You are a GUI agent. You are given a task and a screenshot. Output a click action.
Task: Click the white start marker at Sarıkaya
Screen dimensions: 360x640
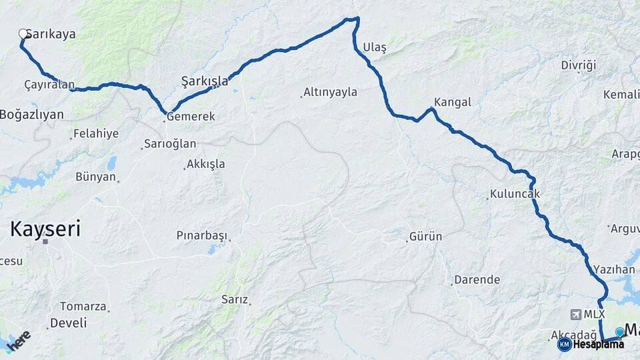[x=23, y=33]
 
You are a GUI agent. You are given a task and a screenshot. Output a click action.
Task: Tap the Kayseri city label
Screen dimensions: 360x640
[x=45, y=230]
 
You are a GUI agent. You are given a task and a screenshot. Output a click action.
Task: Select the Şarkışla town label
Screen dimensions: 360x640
[x=205, y=81]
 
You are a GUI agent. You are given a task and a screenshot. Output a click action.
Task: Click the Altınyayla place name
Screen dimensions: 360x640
[x=330, y=93]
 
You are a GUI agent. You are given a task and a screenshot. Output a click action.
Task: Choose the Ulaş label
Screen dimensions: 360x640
[x=375, y=47]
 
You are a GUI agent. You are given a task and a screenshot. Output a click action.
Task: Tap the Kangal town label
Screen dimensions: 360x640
[x=452, y=102]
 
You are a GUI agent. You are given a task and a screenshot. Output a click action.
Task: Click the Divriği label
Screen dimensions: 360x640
[x=578, y=65]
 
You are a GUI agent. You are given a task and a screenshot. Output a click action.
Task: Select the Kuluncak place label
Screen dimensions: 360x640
[x=514, y=194]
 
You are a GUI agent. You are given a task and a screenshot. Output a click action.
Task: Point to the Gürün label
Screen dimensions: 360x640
[x=425, y=237]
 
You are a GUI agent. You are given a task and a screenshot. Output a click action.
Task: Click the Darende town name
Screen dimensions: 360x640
[x=477, y=280]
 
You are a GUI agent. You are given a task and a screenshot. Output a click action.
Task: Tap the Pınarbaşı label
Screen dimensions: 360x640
[x=202, y=235]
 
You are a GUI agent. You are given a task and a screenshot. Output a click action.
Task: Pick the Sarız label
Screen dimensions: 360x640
[x=235, y=300]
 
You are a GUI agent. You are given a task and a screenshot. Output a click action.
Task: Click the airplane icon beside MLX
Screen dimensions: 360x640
[x=575, y=314]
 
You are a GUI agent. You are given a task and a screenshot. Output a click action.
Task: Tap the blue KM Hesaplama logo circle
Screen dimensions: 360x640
[x=565, y=345]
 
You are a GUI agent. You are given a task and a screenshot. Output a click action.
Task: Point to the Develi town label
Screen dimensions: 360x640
[x=69, y=323]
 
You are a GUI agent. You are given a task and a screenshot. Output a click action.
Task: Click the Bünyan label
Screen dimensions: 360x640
[x=96, y=177]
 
